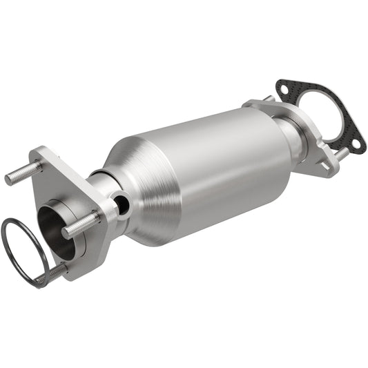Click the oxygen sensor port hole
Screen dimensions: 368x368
122,205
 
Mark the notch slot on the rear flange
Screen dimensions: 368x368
319,164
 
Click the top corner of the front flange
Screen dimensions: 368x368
38,151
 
